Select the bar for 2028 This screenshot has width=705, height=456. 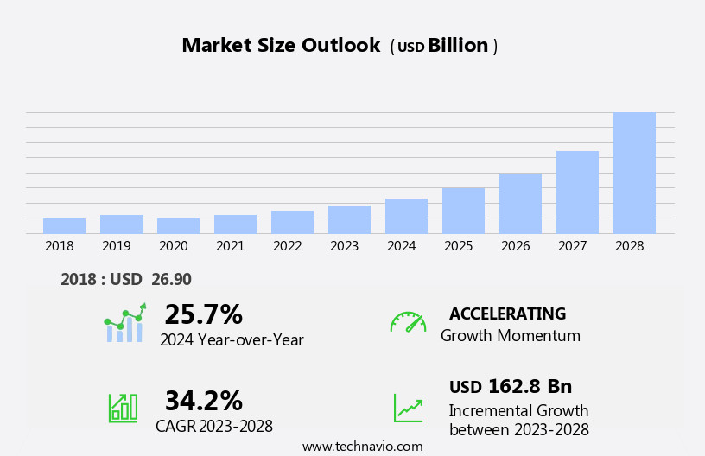[x=634, y=173]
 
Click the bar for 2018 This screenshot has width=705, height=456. [x=64, y=225]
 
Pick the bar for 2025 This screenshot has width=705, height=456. [x=463, y=210]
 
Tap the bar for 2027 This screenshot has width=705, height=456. [x=577, y=192]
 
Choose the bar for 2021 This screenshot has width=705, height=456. [x=235, y=224]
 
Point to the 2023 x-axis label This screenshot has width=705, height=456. [x=344, y=246]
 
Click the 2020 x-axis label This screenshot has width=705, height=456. [x=173, y=246]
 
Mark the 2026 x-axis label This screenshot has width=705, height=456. [x=515, y=246]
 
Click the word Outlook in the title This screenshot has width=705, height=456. [x=340, y=46]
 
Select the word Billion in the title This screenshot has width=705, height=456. [x=458, y=46]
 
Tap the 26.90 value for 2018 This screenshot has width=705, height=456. [x=172, y=279]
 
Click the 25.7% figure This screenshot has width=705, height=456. [x=203, y=314]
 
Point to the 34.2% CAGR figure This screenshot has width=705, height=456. [x=203, y=401]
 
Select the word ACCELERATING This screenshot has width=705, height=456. [x=507, y=313]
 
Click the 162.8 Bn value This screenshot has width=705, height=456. [x=530, y=386]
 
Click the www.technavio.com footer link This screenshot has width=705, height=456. [x=362, y=446]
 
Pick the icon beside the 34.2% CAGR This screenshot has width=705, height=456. [x=123, y=407]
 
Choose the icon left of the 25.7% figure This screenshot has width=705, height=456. [x=124, y=323]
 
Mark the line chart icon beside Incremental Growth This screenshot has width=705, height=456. [x=408, y=408]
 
